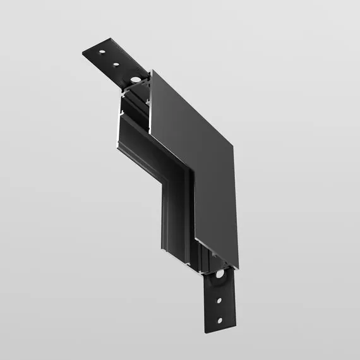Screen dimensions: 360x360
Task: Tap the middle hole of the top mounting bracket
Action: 117,64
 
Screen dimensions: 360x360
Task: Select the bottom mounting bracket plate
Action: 218,303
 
